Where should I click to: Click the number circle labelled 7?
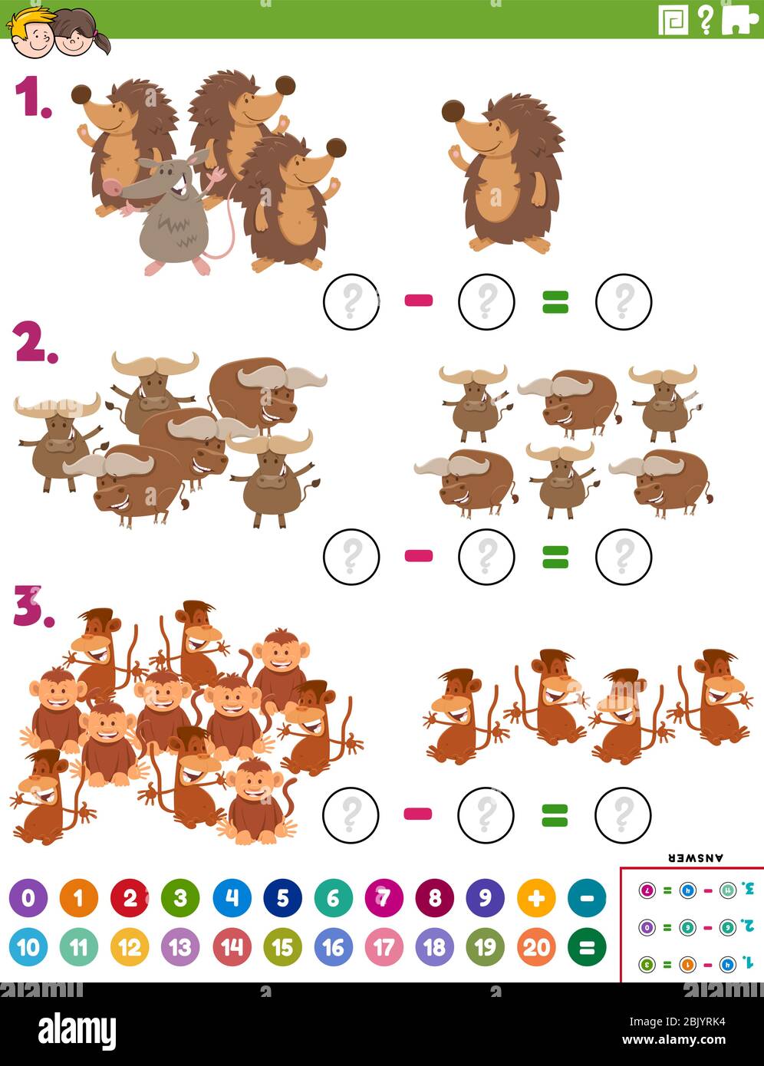pos(384,898)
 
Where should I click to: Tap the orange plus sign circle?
pos(535,898)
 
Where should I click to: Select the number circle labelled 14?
pos(232,947)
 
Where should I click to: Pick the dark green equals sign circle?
pos(586,947)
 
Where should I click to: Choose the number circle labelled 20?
pos(535,947)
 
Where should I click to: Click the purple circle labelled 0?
pos(28,898)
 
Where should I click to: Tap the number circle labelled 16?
pos(333,947)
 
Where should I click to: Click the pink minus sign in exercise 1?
pos(419,301)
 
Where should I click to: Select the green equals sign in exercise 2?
pos(555,556)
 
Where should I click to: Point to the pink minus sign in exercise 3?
pos(418,814)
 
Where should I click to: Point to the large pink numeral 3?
pos(32,607)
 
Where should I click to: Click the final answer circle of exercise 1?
pos(623,301)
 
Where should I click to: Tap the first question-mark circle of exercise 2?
pos(351,556)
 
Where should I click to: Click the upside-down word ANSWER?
pos(696,858)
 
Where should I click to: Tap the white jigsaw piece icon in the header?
pos(739,20)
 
